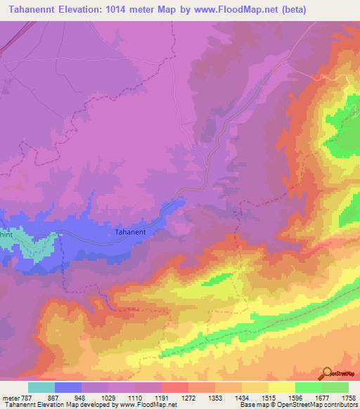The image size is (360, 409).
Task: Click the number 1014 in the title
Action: tap(143, 10)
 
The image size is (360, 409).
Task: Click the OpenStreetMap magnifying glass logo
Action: tap(327, 372)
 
